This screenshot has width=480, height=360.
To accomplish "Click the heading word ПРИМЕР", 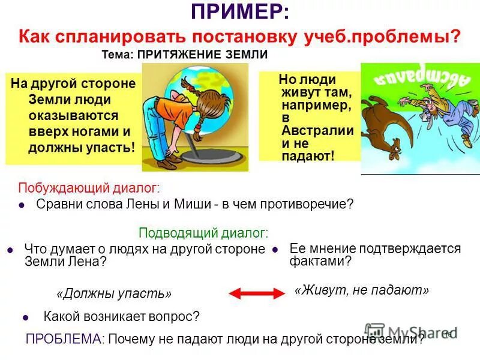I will [x=238, y=13].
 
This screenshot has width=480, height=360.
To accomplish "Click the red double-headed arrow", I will [x=257, y=293].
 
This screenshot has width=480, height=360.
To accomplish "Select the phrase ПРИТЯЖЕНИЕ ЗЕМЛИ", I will [x=202, y=55].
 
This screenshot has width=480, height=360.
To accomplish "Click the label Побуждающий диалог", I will [x=89, y=188].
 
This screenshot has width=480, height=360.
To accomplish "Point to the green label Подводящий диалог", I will [x=203, y=233].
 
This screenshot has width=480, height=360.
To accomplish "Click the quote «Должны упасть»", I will [x=114, y=294].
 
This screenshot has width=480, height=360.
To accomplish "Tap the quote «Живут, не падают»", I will [x=362, y=290].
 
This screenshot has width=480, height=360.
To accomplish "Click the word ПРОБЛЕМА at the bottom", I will [x=62, y=338].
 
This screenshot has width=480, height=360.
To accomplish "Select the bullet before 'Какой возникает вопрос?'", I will [x=26, y=317].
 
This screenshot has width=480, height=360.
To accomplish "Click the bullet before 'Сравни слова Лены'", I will [x=22, y=205].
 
